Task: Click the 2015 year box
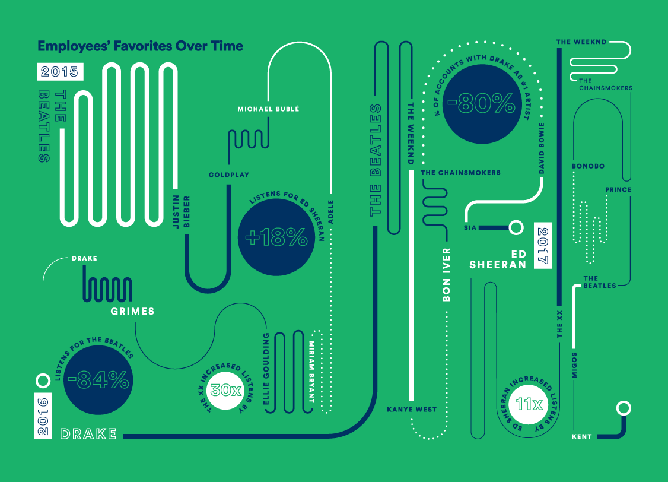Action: pyautogui.click(x=60, y=72)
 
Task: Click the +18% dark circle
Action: pyautogui.click(x=276, y=238)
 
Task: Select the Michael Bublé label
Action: pyautogui.click(x=268, y=109)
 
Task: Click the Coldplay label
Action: pyautogui.click(x=229, y=175)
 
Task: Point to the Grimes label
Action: pyautogui.click(x=132, y=311)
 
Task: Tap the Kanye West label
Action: pyautogui.click(x=412, y=410)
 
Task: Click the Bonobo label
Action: pyautogui.click(x=588, y=166)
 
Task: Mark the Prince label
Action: pyautogui.click(x=618, y=190)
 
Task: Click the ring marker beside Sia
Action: pyautogui.click(x=516, y=227)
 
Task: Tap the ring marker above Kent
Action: pyautogui.click(x=623, y=408)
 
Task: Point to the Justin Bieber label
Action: pyautogui.click(x=180, y=211)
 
